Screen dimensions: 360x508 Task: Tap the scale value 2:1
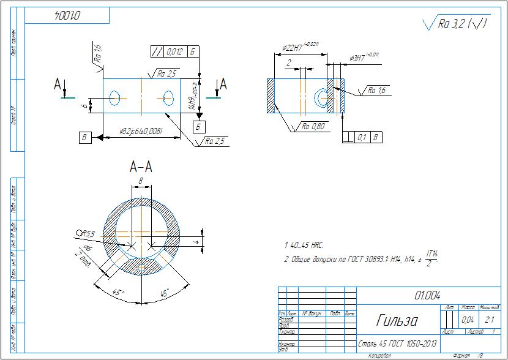(x=490, y=320)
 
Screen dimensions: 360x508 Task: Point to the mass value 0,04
(x=468, y=320)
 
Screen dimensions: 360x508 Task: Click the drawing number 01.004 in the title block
(x=427, y=295)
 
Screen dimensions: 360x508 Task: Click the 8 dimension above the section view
(x=141, y=181)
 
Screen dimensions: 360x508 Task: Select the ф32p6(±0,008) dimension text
(x=141, y=131)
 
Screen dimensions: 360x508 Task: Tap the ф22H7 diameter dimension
(x=300, y=46)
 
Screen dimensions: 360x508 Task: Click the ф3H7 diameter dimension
(x=365, y=58)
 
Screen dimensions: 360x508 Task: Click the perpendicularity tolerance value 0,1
(x=362, y=137)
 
